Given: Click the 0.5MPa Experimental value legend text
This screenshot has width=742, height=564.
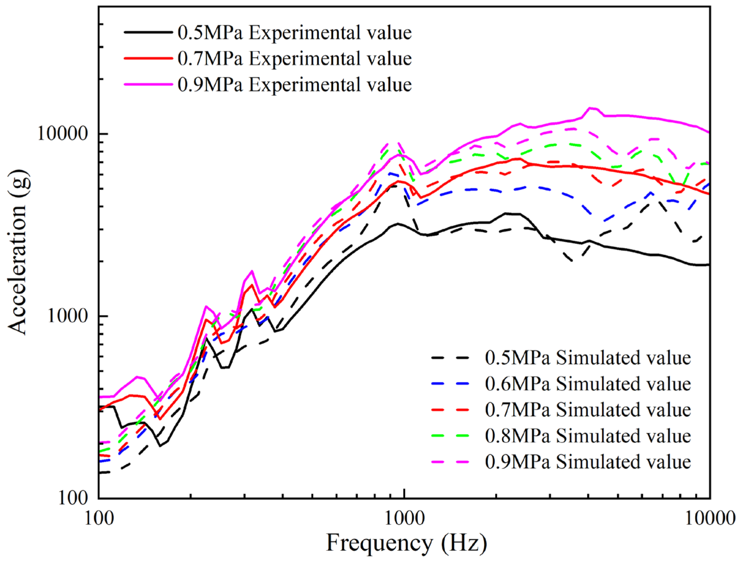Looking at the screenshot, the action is click(295, 33).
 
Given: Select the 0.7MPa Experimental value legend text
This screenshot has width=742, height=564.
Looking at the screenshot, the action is click(295, 59).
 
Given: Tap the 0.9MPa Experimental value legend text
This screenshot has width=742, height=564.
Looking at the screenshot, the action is click(295, 85).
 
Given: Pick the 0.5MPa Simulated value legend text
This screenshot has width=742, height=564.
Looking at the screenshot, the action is click(588, 358).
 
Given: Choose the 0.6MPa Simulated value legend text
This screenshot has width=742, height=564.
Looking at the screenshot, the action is click(588, 384).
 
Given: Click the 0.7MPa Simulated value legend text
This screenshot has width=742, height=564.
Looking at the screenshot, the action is click(588, 410).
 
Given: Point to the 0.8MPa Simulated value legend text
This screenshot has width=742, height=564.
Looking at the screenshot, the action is click(588, 436).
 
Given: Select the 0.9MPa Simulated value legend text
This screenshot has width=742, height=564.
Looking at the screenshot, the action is click(588, 462).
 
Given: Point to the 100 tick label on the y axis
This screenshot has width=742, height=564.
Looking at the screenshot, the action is click(73, 498).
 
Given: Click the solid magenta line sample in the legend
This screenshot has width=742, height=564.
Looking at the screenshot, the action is click(148, 84).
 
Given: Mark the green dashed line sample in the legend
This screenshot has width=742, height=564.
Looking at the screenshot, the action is click(450, 436).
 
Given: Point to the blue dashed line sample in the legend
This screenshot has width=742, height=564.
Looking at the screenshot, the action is click(450, 384).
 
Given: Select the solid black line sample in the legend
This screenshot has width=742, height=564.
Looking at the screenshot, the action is click(148, 32).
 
